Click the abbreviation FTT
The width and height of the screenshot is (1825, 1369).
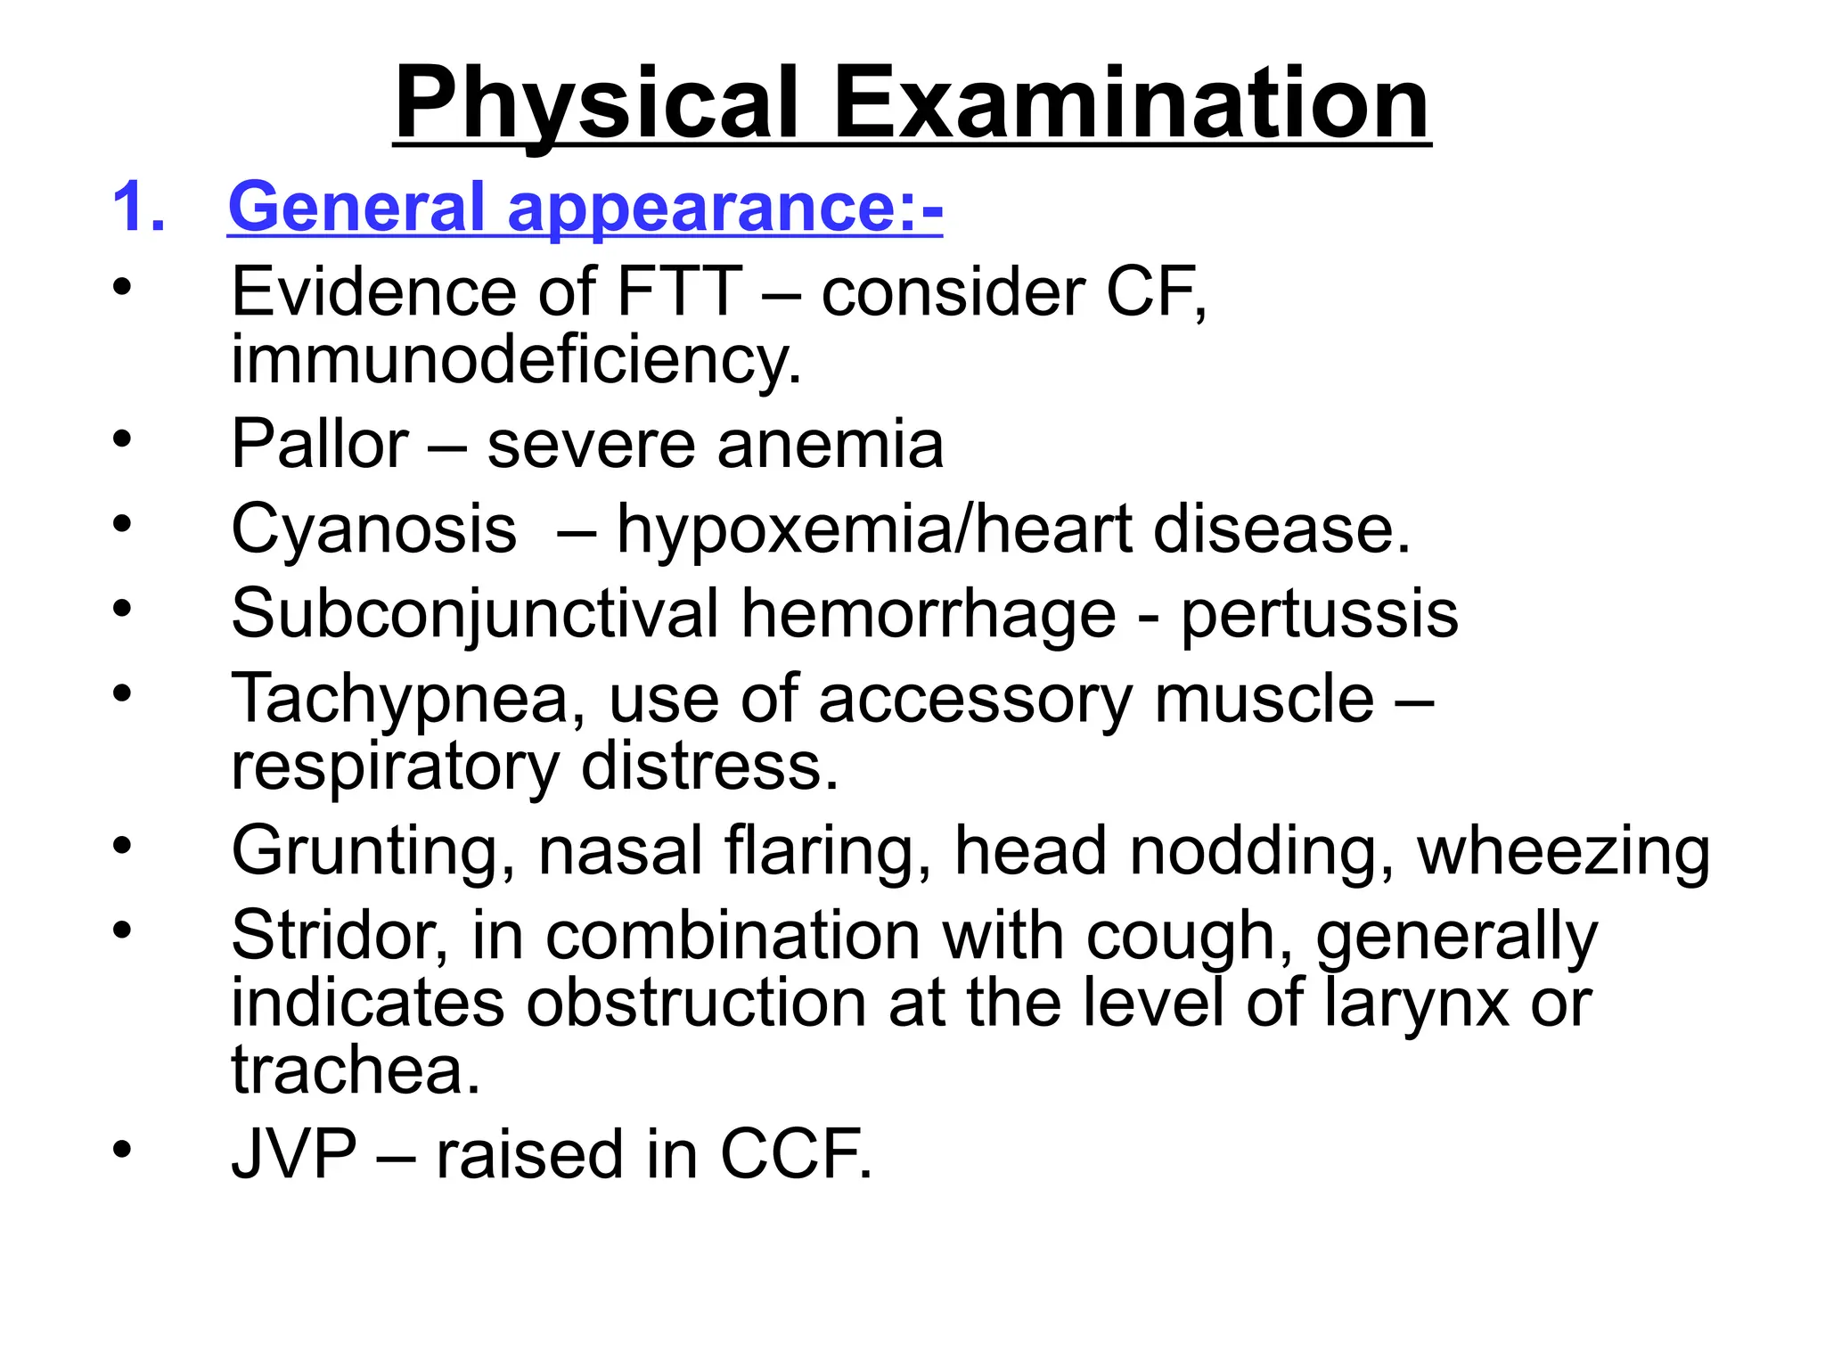[679, 291]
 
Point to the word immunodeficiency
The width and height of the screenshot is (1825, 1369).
[516, 360]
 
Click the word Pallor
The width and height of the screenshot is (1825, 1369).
[319, 444]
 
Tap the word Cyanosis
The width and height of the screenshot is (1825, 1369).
[373, 529]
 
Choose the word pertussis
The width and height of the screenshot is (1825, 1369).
[1320, 613]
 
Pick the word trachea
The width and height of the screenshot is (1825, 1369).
[356, 1070]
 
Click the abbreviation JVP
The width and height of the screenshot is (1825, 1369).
[293, 1154]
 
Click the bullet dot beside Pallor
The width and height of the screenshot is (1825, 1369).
[122, 439]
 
